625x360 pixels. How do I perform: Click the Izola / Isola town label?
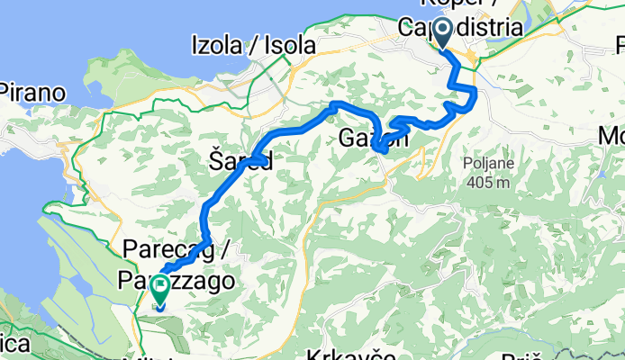tap(253, 44)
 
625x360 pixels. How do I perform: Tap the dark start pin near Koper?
tap(443, 34)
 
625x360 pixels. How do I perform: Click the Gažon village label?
tap(375, 139)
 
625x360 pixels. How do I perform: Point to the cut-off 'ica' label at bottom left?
tap(16, 344)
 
